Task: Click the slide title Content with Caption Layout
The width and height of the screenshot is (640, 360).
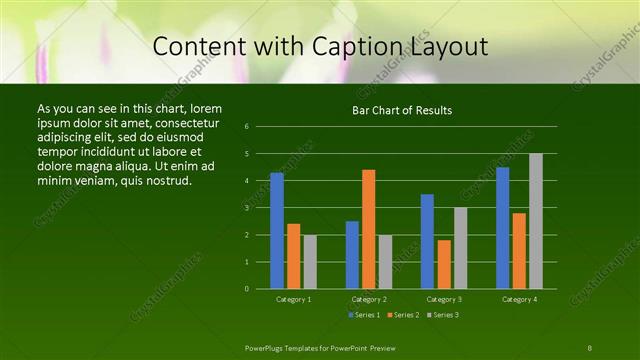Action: click(320, 46)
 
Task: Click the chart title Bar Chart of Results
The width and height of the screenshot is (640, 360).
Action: click(402, 110)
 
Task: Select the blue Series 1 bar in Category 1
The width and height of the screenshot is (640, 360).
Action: click(277, 230)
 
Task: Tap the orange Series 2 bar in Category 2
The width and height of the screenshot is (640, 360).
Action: click(369, 229)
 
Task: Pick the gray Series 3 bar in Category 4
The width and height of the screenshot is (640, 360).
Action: click(536, 221)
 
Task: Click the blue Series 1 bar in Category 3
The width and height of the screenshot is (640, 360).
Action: click(427, 241)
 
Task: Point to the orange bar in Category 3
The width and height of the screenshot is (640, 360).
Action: click(444, 264)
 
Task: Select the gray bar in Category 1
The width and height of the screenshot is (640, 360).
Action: click(310, 261)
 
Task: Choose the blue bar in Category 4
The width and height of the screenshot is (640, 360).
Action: click(503, 227)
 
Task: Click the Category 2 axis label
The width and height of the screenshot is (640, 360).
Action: click(369, 298)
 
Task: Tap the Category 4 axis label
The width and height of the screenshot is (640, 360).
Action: click(519, 298)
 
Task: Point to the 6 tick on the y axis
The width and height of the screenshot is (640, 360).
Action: click(260, 127)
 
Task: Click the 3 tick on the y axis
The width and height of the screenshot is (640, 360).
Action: click(260, 208)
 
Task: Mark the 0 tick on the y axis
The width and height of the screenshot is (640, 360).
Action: click(260, 288)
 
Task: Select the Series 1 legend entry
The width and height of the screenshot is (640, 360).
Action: click(365, 315)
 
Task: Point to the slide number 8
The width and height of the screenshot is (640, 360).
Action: click(590, 346)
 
